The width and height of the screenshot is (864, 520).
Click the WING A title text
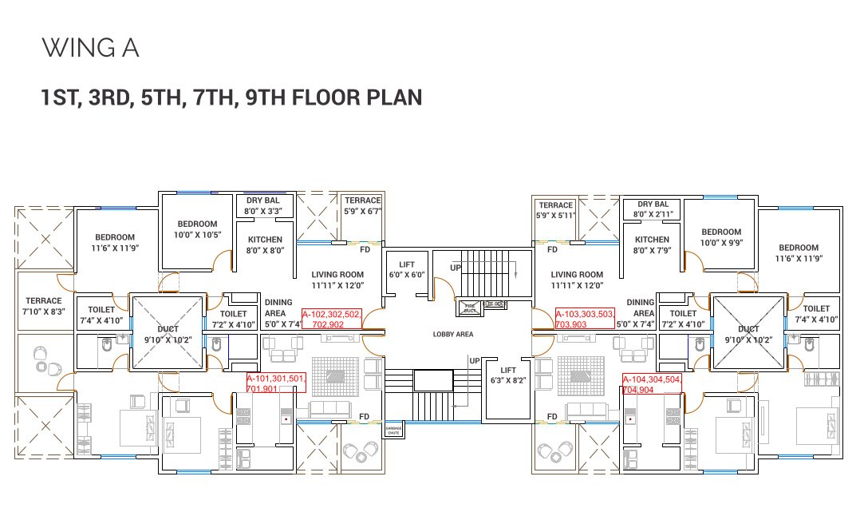(90, 48)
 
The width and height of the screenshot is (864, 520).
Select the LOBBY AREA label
(453, 335)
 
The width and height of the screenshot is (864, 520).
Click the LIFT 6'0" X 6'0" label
(407, 269)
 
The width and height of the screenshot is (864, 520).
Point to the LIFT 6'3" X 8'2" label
(507, 376)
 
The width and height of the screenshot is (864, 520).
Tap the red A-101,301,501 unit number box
(275, 383)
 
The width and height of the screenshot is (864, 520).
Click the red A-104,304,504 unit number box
(652, 384)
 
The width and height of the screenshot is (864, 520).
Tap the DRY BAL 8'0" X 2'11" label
(652, 209)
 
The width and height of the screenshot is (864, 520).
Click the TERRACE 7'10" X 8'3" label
(44, 307)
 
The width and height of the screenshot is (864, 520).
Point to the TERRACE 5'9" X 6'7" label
(363, 206)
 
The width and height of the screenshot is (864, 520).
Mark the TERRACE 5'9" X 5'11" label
(555, 211)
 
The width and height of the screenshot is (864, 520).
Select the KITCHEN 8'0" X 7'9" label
(652, 244)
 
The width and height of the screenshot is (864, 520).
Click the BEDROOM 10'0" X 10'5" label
(197, 229)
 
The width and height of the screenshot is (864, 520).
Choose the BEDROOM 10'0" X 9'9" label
(721, 237)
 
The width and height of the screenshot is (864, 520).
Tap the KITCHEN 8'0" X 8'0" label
(265, 244)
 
